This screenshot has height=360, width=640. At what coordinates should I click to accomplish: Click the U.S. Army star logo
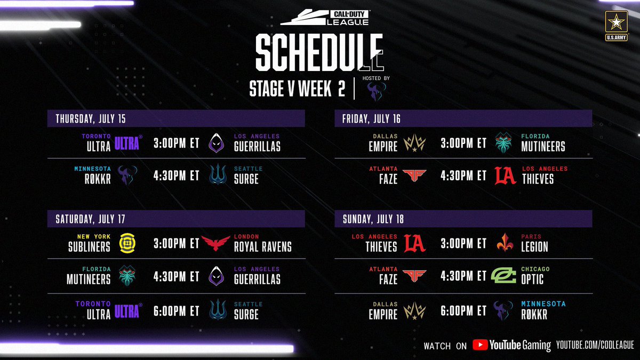[617, 26]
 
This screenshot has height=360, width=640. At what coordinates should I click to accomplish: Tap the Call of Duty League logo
[325, 18]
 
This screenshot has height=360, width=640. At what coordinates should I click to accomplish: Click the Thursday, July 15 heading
[91, 119]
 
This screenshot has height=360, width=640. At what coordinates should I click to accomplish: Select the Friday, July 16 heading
[371, 119]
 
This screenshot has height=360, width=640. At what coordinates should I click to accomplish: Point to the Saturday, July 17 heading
[90, 219]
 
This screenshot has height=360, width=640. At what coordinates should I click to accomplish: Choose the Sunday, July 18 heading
[373, 219]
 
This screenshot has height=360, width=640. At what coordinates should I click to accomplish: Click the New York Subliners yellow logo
[127, 243]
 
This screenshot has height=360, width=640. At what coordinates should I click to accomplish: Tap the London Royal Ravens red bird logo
[215, 243]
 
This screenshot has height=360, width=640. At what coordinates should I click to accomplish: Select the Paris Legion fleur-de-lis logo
[505, 242]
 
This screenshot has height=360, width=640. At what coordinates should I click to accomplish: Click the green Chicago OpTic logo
[503, 275]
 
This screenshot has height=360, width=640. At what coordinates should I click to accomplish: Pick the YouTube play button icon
[480, 345]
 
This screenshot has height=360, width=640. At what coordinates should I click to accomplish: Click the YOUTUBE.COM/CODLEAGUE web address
[595, 345]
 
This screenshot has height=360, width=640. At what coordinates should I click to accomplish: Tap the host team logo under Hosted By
[377, 91]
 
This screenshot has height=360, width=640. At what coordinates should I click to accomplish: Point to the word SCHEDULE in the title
[319, 52]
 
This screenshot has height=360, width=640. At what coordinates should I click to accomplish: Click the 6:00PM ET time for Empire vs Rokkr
[463, 311]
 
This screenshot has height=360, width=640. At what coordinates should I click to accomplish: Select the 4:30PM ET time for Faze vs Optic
[463, 276]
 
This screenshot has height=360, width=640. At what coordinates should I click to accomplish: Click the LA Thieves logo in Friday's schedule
[505, 175]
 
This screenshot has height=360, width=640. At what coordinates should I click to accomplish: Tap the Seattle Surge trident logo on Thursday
[218, 174]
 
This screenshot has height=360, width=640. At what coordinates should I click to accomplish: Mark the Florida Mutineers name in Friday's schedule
[543, 143]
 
